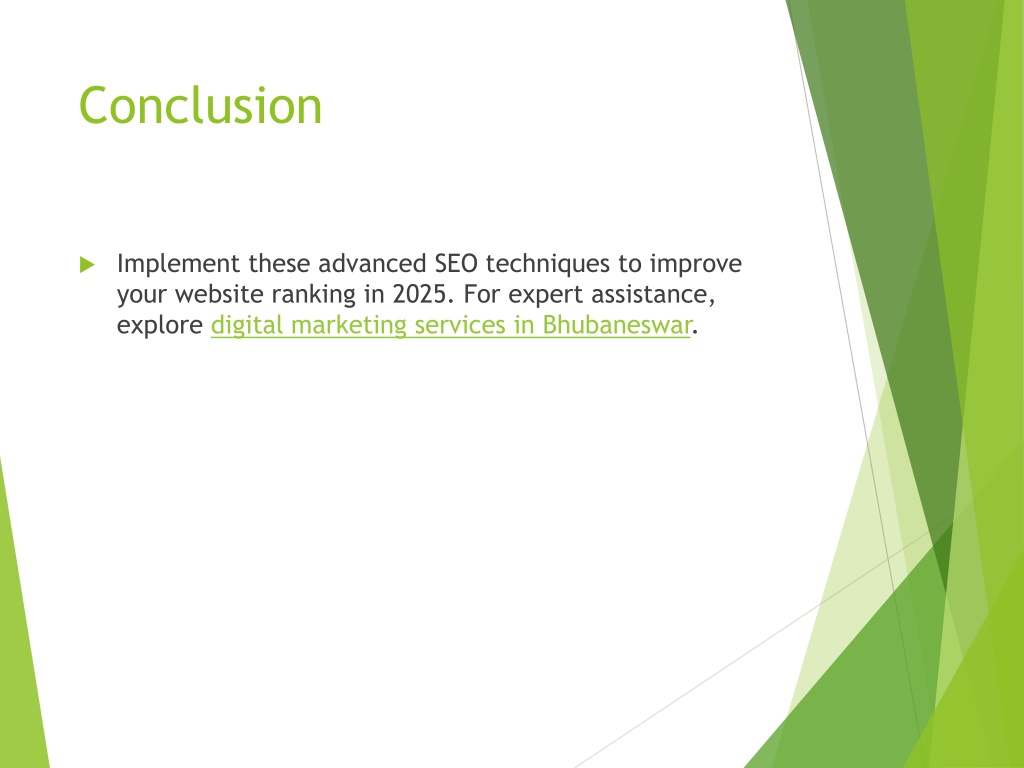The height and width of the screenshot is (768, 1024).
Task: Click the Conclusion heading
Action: coord(200,105)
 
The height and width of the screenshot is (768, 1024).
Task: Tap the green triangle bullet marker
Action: coord(88,264)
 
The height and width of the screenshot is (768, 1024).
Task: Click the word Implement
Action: coord(178,264)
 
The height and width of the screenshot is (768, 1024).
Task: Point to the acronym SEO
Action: coord(456,264)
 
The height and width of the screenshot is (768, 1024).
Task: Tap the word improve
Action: coord(696,264)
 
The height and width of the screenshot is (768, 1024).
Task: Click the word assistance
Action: coord(653,295)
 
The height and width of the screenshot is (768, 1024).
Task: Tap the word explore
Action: coord(160,326)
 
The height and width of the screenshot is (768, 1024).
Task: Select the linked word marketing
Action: coord(349,326)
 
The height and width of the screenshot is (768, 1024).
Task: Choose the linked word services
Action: coord(460,325)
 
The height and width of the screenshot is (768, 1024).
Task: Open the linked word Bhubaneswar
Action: coord(616,325)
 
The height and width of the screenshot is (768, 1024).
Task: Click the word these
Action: coord(279,264)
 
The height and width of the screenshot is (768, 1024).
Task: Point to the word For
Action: coord(482,294)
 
